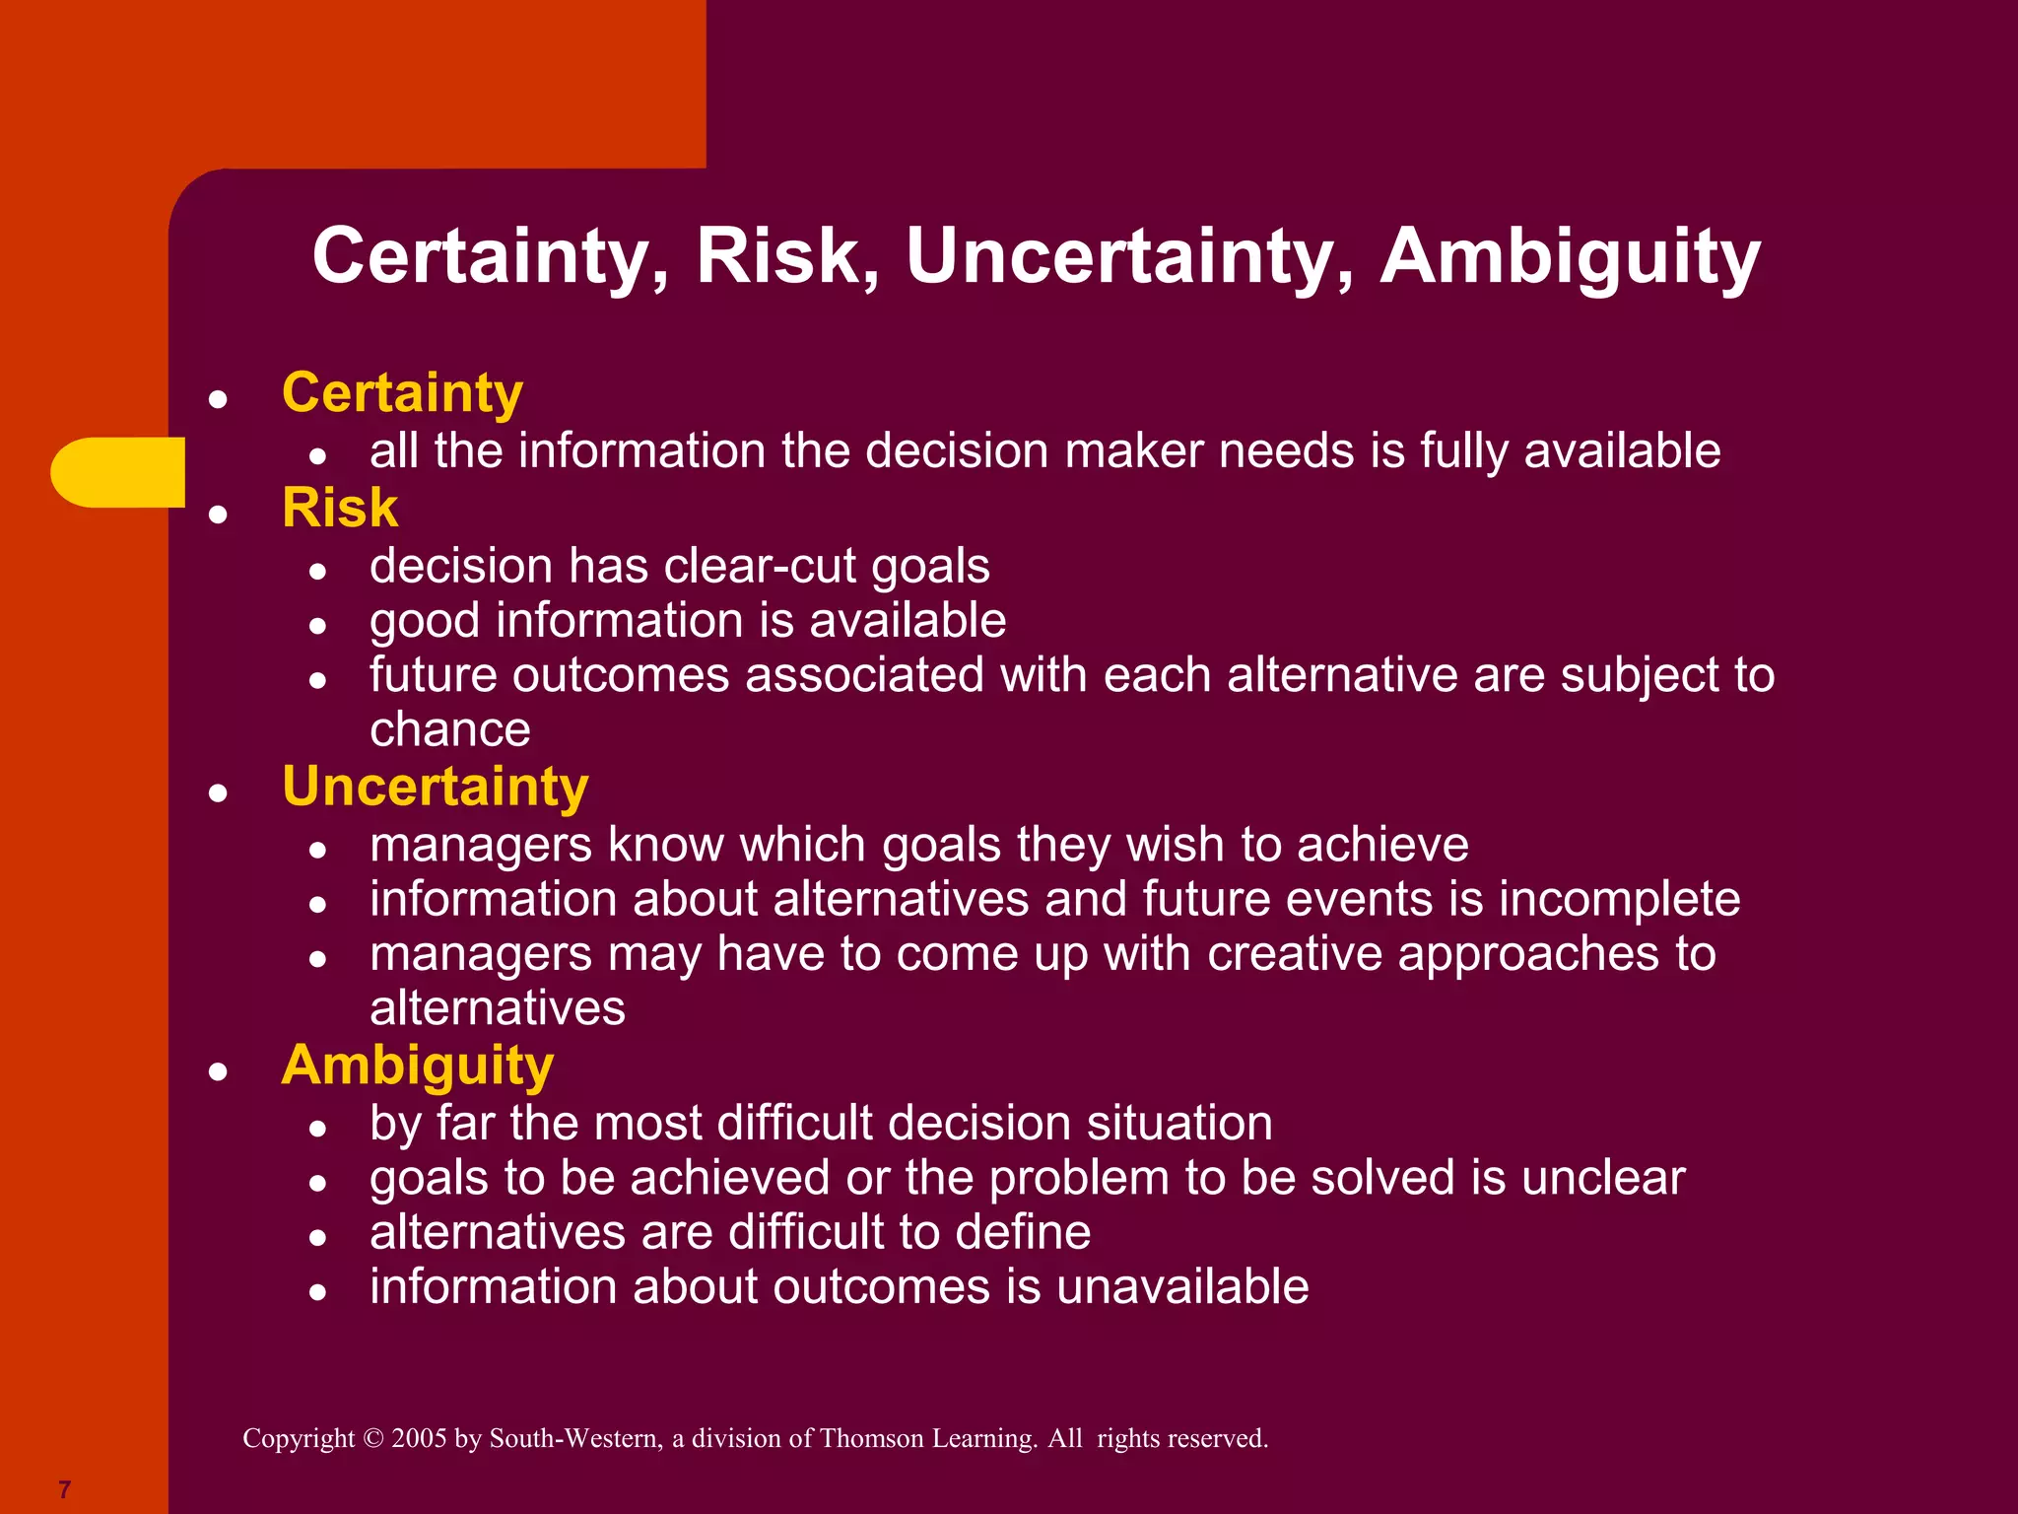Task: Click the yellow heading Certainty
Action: pos(402,393)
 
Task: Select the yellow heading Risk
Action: pos(339,509)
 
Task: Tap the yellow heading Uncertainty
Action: pos(435,788)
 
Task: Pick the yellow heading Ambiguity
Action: pos(417,1067)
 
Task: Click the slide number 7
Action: pos(65,1488)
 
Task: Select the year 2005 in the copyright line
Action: pos(419,1438)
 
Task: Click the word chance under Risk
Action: pos(449,730)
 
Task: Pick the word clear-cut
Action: pos(760,567)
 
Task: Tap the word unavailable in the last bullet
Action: pos(1181,1287)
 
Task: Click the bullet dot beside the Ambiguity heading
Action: pos(219,1072)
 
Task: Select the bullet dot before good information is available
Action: pos(317,625)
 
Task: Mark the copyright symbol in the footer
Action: pos(372,1438)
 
